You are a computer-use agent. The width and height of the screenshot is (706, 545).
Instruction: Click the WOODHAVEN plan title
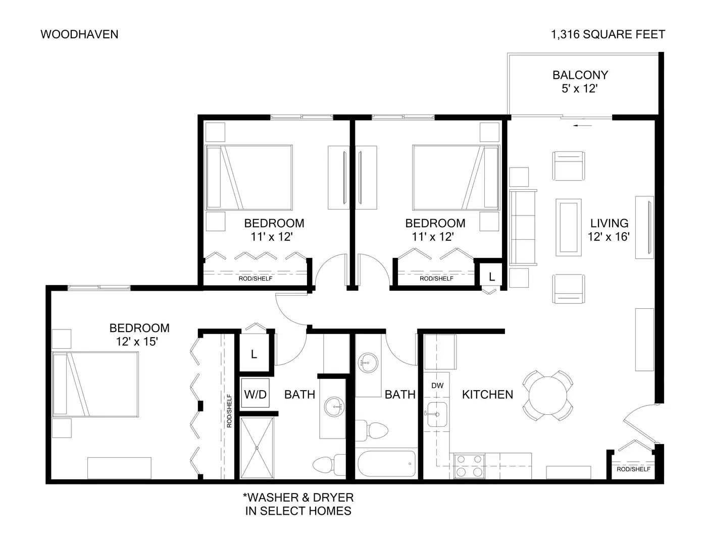coord(79,34)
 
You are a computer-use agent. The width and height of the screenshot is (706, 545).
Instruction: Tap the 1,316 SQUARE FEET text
coord(608,34)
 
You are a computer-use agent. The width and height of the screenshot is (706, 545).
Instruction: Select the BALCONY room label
coord(580,75)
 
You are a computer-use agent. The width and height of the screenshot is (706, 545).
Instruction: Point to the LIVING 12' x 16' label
coord(609,230)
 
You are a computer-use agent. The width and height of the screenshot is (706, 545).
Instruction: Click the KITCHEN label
coord(487,395)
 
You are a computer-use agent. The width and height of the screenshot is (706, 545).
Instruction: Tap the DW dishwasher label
coord(437,386)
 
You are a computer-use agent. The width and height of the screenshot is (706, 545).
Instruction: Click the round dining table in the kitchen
coord(548,396)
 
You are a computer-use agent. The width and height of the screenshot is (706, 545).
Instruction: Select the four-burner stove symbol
coord(469,466)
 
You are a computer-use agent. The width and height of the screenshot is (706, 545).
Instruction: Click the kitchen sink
coord(437,414)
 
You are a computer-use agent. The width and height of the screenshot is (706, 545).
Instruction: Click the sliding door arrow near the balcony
coord(583,126)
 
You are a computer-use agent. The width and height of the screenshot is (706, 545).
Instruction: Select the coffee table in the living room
coord(568,227)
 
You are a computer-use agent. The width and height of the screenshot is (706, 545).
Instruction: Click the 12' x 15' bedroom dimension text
coord(137,342)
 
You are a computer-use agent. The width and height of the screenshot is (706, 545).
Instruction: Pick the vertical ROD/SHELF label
coord(229,411)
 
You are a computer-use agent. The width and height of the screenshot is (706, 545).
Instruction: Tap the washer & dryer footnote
coord(298,504)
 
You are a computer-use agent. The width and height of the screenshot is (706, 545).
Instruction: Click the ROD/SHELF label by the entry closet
coord(634,469)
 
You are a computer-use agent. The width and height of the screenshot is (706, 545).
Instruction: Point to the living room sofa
coord(523,227)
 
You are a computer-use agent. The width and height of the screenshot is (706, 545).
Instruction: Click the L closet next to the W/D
coord(254,354)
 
